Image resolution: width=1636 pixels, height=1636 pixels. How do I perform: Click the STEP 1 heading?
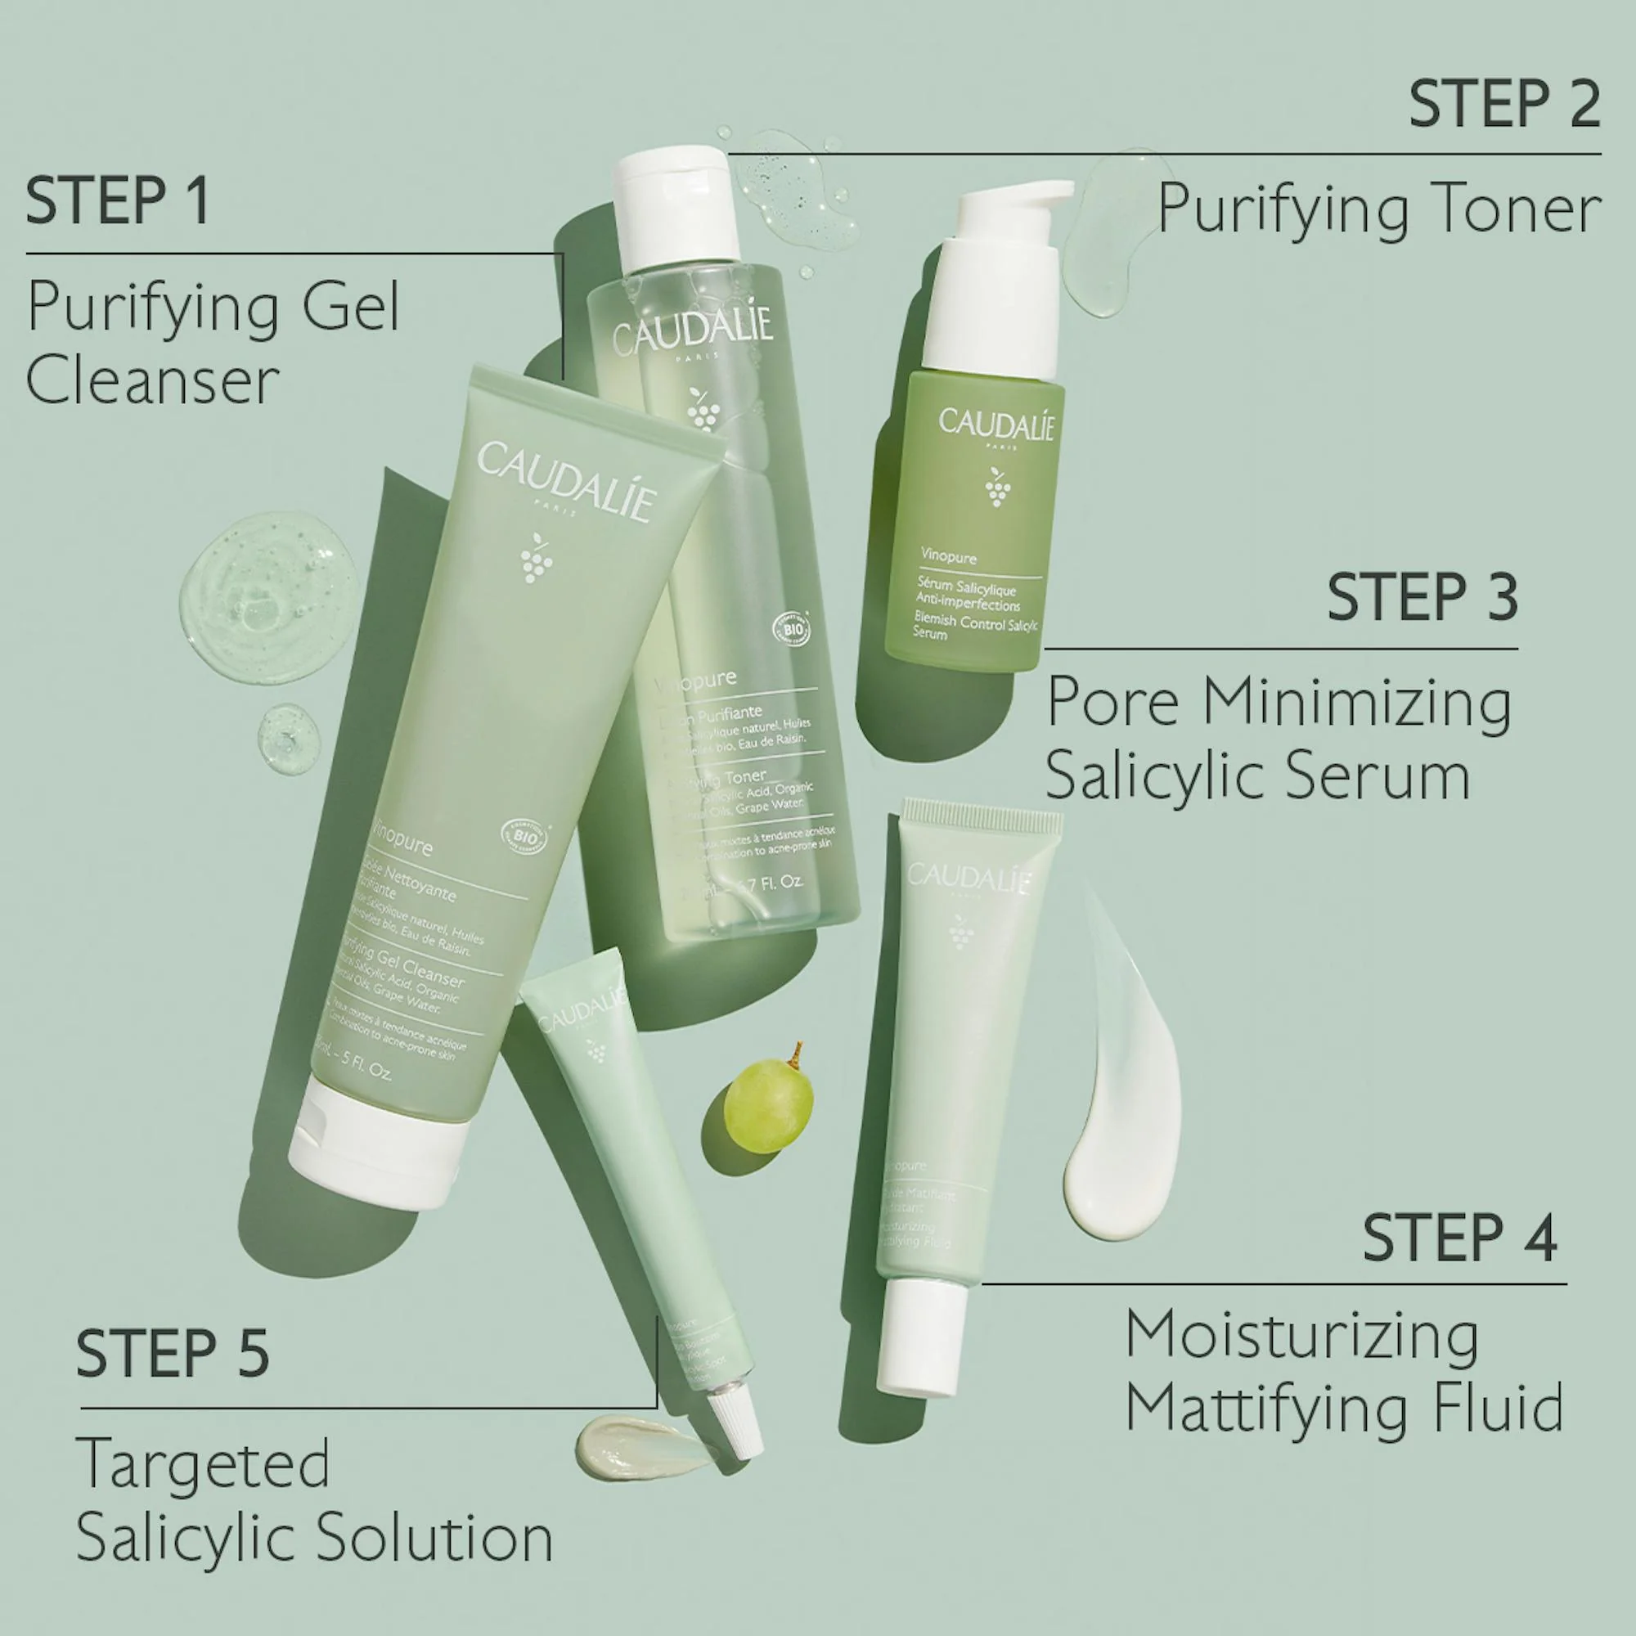tap(118, 200)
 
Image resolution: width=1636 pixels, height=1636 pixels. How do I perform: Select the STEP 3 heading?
tap(1422, 597)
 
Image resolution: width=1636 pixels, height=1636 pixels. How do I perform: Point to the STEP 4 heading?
tap(1459, 1238)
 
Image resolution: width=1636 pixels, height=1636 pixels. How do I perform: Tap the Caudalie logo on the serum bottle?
tap(996, 424)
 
